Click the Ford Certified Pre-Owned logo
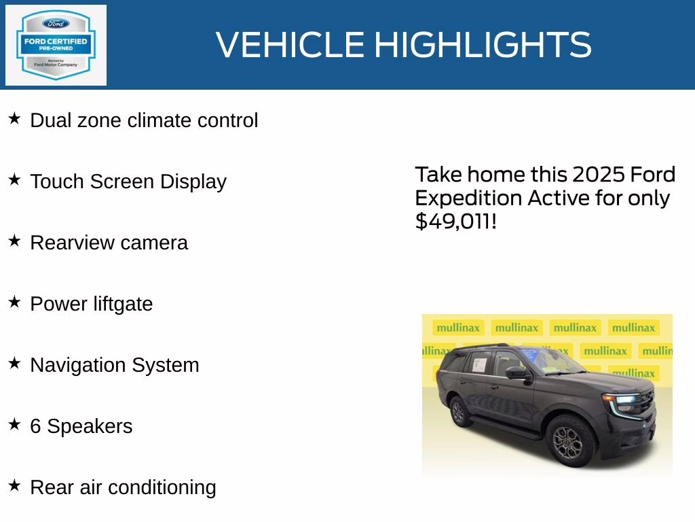point(56,45)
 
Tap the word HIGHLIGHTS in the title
point(483,45)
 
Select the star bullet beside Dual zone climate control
point(14,119)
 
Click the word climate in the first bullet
point(159,120)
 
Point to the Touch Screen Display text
point(128,181)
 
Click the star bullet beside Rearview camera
point(14,241)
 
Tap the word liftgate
point(124,304)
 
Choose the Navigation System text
point(115,365)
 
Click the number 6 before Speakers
point(35,426)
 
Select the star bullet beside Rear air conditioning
point(14,485)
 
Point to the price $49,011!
point(456,221)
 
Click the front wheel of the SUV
point(569,439)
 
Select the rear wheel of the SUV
point(459,411)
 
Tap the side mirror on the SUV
point(516,372)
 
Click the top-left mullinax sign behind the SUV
point(458,328)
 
